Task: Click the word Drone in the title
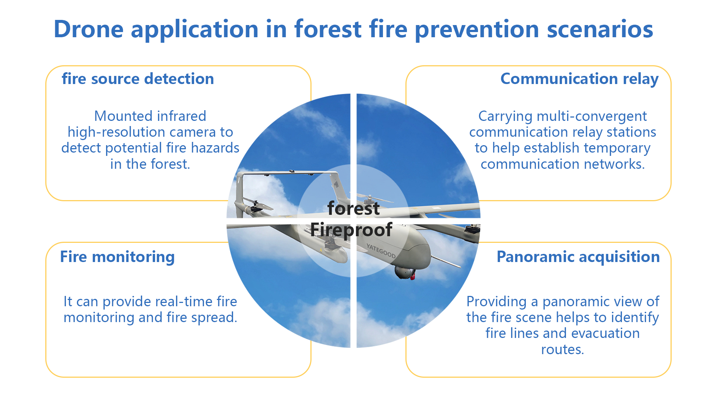click(88, 29)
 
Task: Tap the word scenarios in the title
click(600, 29)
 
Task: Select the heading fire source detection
click(138, 79)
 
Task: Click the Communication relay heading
click(579, 79)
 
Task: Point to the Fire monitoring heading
click(117, 257)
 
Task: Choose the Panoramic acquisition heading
click(578, 257)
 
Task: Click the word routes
click(562, 349)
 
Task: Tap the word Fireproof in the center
click(351, 230)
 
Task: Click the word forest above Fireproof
click(353, 209)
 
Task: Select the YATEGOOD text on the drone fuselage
click(381, 251)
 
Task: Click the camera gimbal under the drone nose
click(404, 271)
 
